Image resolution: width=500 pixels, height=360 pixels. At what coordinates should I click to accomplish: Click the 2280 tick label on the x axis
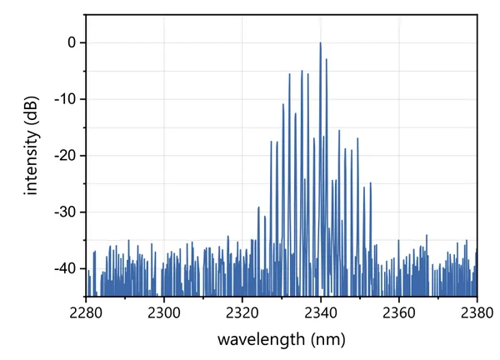[86, 312]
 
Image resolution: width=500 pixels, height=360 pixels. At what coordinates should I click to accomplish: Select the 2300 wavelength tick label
[164, 312]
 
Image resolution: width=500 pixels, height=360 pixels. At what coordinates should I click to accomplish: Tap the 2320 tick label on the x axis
[242, 312]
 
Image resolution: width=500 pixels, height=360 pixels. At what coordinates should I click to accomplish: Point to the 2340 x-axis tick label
[321, 312]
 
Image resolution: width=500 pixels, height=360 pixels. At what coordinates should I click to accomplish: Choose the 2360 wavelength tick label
[399, 312]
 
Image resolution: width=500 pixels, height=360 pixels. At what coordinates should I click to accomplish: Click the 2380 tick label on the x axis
[476, 312]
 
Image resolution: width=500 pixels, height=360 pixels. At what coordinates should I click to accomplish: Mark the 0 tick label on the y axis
[72, 42]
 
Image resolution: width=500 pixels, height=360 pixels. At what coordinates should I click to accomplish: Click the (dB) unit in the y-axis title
[32, 120]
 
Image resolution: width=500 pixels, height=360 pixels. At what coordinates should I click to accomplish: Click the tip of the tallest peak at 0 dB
[320, 43]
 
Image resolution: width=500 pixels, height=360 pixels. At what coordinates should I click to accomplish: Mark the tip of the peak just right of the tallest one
[326, 59]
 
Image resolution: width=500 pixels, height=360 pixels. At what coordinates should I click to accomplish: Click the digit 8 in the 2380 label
[479, 312]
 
